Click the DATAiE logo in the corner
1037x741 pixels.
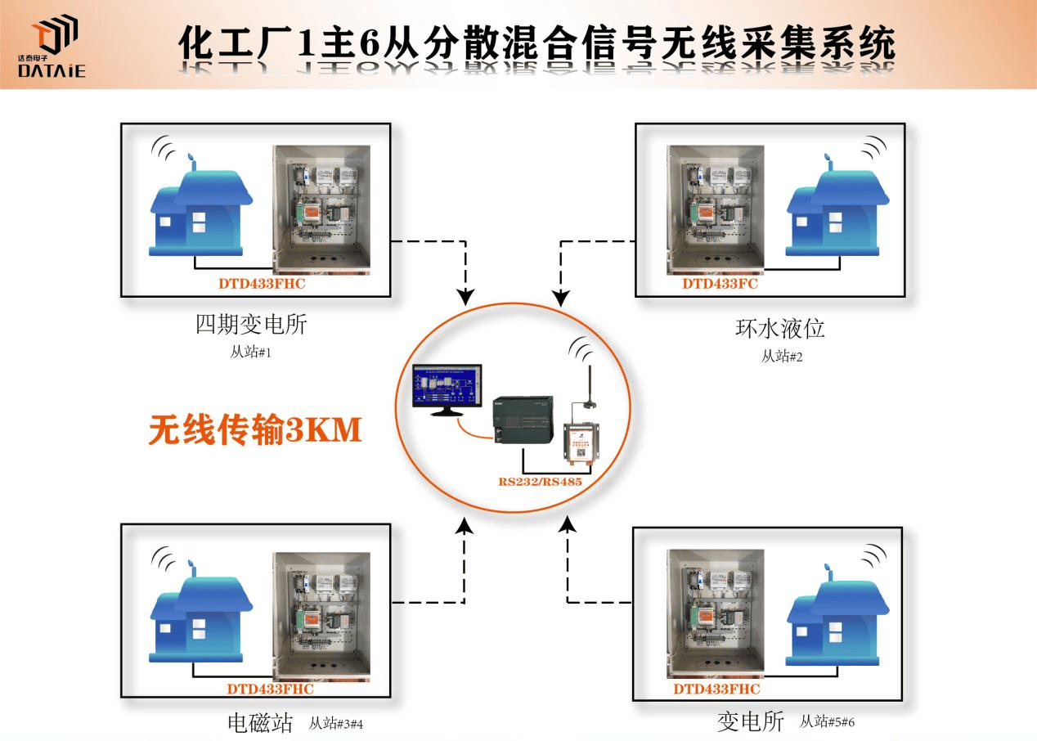(x=51, y=49)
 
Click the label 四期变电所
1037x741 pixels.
(x=251, y=326)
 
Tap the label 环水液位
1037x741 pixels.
(x=779, y=329)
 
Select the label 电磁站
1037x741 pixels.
(x=259, y=723)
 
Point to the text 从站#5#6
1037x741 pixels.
(x=827, y=721)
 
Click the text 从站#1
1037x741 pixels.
(x=250, y=353)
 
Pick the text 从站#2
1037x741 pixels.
(x=782, y=356)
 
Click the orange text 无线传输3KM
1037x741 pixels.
(x=254, y=430)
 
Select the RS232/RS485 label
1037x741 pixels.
(x=540, y=482)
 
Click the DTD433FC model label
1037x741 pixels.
(x=720, y=285)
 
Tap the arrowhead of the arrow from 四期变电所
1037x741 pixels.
(x=465, y=296)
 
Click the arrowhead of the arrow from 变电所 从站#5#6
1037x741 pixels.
(x=567, y=524)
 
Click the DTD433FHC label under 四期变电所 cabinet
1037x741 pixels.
(x=261, y=285)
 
